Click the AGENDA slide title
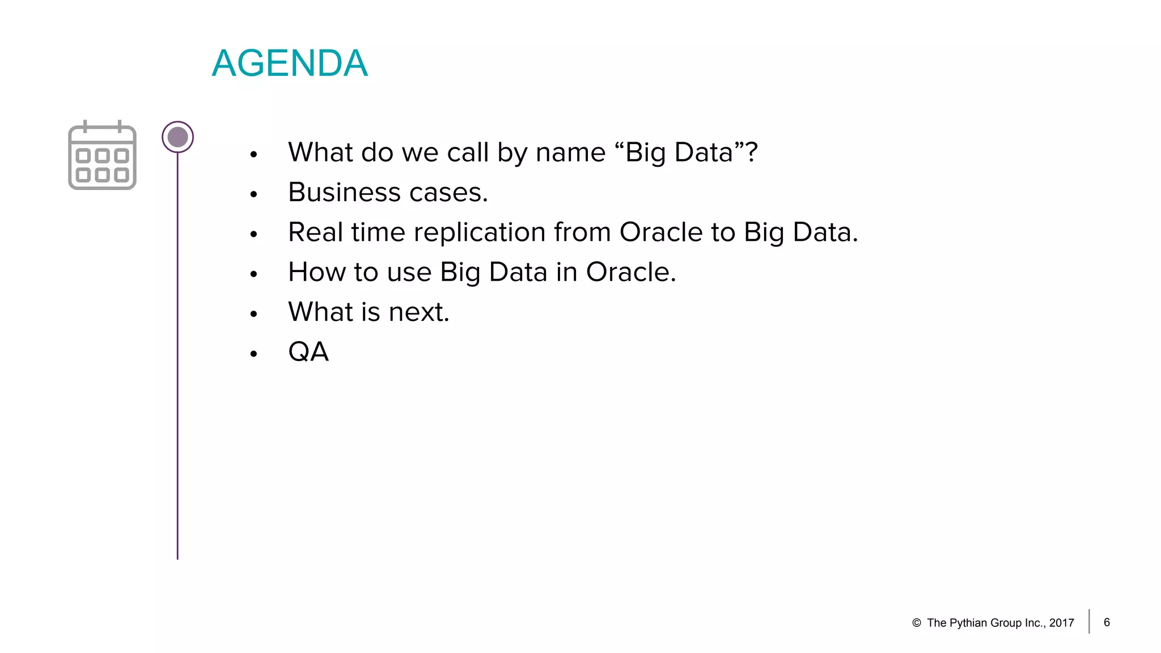click(x=290, y=63)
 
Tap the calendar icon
click(x=102, y=156)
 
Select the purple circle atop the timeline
click(x=177, y=137)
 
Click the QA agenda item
click(x=308, y=352)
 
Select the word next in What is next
click(x=418, y=312)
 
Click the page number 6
click(x=1107, y=622)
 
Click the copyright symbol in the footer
click(x=917, y=623)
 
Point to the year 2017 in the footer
click(x=1062, y=623)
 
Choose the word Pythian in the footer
click(x=971, y=623)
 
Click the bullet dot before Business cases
click(x=253, y=194)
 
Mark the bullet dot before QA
click(x=253, y=354)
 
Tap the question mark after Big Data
click(x=751, y=152)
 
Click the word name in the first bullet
click(x=570, y=153)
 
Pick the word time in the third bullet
click(x=376, y=232)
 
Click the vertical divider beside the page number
click(x=1089, y=621)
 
